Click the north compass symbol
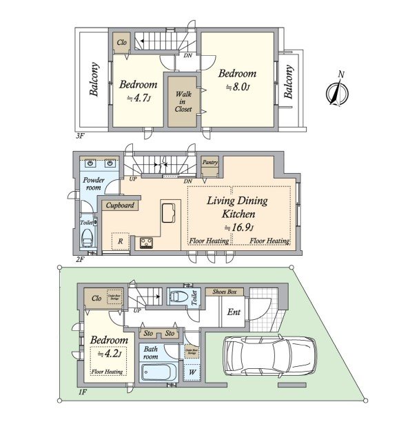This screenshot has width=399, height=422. pyautogui.click(x=337, y=91)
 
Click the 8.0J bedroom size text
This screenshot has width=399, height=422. pyautogui.click(x=238, y=88)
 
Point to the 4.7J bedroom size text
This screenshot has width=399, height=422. pyautogui.click(x=138, y=99)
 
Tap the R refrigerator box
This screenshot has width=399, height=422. pyautogui.click(x=121, y=241)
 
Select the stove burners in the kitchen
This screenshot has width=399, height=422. pyautogui.click(x=147, y=242)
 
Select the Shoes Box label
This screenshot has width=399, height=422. pyautogui.click(x=226, y=292)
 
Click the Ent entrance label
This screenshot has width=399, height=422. pyautogui.click(x=234, y=313)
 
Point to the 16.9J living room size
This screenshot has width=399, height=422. pyautogui.click(x=239, y=228)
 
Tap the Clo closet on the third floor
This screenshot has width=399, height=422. pyautogui.click(x=122, y=41)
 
